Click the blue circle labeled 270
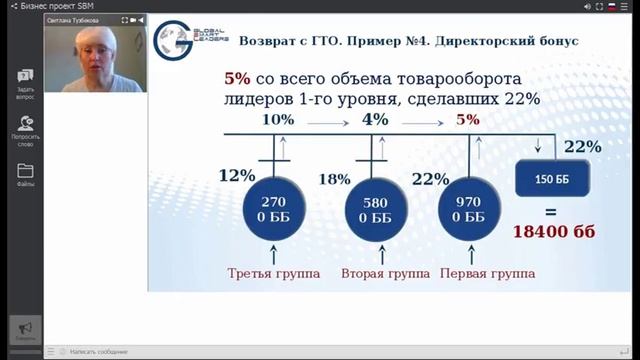click(x=274, y=209)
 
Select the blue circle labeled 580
click(x=375, y=209)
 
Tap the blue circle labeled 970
click(x=467, y=209)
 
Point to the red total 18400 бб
click(x=554, y=232)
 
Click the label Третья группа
click(x=274, y=273)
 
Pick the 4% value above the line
click(x=375, y=120)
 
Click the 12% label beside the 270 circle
click(x=236, y=176)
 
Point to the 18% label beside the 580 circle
click(x=334, y=179)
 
